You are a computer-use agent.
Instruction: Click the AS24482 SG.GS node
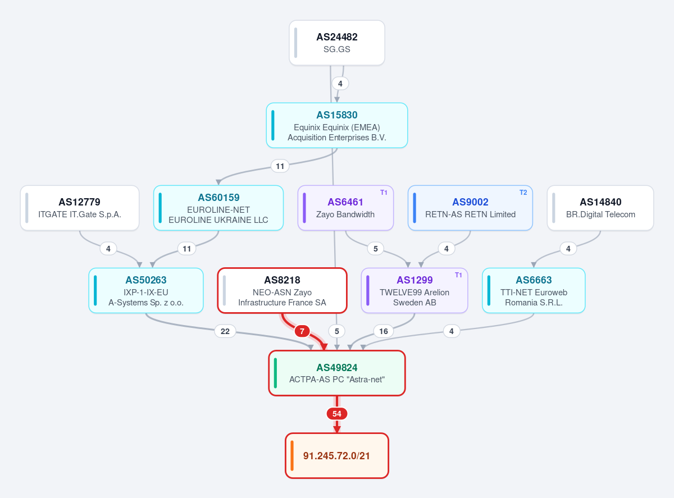(x=336, y=43)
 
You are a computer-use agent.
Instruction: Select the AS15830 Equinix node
(x=336, y=126)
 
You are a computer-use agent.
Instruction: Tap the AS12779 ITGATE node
(x=80, y=208)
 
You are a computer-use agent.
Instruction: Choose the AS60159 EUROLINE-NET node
(x=218, y=208)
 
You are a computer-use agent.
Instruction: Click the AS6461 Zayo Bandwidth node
(x=345, y=208)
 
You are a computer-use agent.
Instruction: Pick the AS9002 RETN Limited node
(x=470, y=208)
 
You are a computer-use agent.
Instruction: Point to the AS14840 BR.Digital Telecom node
(x=600, y=208)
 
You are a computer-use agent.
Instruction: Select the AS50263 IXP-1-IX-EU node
(x=146, y=290)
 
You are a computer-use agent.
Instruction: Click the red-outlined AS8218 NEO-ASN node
(x=283, y=290)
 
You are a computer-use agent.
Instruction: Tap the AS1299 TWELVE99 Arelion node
(x=415, y=290)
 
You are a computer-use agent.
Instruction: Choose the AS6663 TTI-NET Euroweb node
(x=534, y=290)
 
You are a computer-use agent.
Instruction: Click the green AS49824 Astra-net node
(x=336, y=373)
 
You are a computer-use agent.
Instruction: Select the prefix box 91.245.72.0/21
(x=336, y=456)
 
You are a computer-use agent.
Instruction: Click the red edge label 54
(x=336, y=414)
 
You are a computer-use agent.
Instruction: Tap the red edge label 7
(x=302, y=331)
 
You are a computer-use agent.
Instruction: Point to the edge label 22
(x=225, y=331)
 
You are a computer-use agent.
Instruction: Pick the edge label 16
(x=384, y=331)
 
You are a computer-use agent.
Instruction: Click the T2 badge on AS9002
(x=523, y=193)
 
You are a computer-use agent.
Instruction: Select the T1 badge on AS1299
(x=458, y=275)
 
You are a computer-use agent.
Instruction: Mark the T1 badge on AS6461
(x=384, y=193)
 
